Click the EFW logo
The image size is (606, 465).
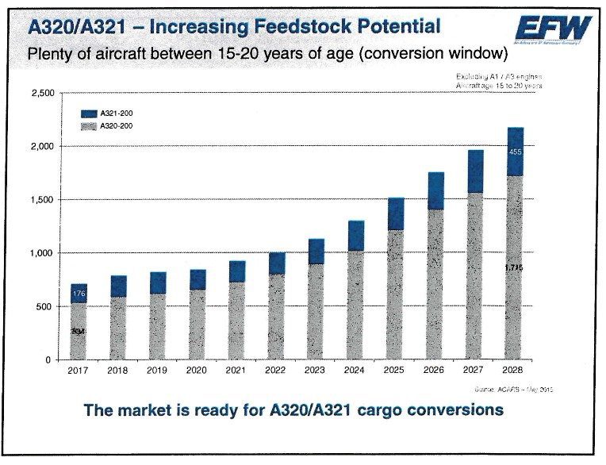point(553,29)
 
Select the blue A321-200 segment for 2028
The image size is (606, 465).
point(515,152)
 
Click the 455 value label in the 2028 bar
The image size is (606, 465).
point(515,152)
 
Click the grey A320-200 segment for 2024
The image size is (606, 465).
point(356,305)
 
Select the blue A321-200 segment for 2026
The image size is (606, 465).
point(435,190)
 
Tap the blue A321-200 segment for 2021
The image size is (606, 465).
point(237,271)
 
